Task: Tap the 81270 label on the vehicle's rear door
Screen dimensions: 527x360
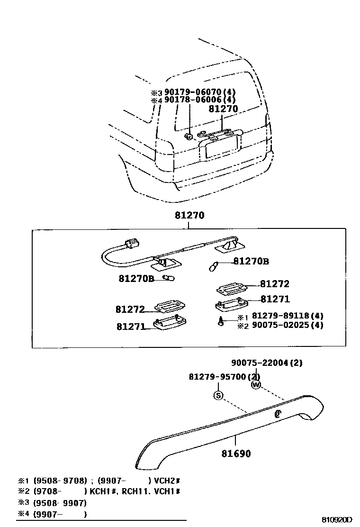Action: coord(223,109)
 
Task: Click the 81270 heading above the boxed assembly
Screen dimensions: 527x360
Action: coord(189,215)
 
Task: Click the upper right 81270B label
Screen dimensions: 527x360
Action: coord(251,261)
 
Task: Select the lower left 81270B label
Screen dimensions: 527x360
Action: coord(136,279)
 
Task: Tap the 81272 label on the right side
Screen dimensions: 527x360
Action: coord(274,284)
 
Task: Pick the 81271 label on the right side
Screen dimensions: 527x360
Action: coord(275,299)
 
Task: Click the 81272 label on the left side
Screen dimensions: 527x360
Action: coord(130,309)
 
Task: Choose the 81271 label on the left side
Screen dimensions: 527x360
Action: coord(131,326)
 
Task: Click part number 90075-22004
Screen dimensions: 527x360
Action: coord(267,363)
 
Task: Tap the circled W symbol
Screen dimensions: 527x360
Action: coord(256,385)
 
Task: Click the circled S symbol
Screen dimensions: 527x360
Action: coord(218,395)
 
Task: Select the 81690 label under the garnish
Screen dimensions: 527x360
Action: coord(236,454)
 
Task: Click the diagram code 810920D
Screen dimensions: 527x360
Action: coord(338,519)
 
